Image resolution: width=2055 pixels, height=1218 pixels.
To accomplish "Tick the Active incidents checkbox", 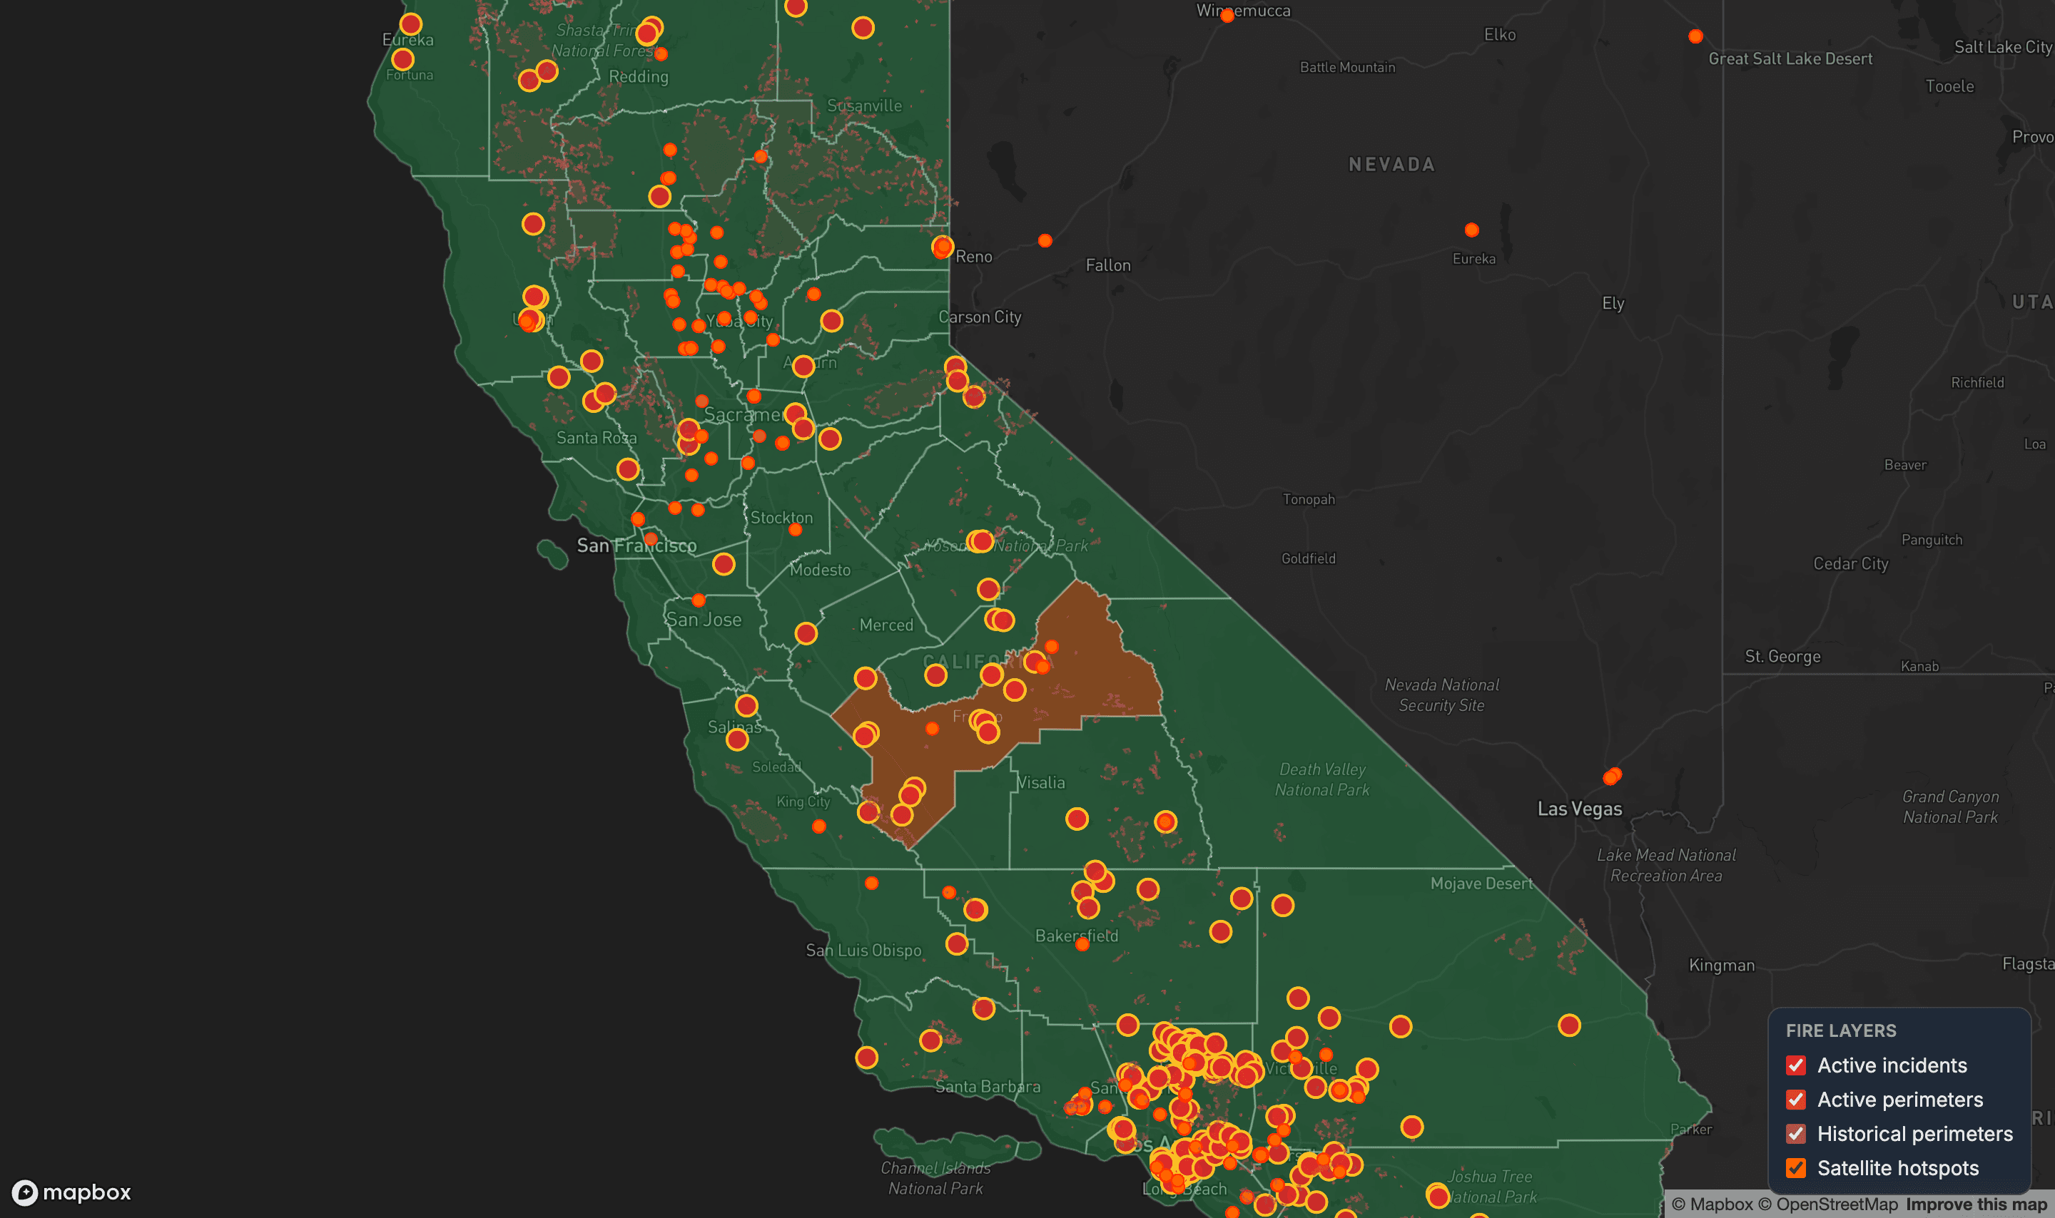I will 1795,1065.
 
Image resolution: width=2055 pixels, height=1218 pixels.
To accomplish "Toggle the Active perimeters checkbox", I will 1795,1100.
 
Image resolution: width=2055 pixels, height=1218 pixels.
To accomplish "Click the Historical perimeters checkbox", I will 1795,1135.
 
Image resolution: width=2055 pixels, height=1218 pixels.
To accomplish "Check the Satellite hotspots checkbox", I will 1795,1168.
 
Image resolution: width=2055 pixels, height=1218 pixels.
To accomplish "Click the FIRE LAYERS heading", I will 1841,1031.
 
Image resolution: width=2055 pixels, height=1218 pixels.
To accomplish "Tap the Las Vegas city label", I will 1579,809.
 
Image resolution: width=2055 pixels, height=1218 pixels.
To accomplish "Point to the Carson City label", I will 980,317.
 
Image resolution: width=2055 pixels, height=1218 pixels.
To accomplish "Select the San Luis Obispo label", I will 863,951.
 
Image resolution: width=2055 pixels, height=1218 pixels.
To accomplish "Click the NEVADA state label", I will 1391,165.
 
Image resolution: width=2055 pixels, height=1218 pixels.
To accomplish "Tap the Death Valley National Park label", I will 1321,779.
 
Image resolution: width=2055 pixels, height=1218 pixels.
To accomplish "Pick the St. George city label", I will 1782,657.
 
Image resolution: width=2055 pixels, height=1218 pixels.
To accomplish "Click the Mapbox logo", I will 71,1192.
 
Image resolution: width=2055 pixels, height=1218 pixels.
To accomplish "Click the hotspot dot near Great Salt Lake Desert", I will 1695,36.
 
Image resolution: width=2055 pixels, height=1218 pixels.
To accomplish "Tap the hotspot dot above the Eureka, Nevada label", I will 1471,230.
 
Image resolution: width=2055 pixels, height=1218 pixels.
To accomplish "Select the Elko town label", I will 1499,35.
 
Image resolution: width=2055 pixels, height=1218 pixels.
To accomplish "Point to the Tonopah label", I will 1309,499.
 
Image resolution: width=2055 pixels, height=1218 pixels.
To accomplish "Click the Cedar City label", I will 1850,564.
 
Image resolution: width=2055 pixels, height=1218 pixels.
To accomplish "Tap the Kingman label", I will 1722,966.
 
